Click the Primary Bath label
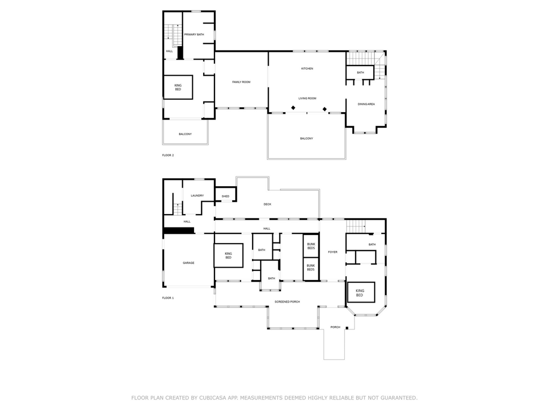coord(194,35)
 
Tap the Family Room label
coord(241,82)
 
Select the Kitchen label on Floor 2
coord(307,69)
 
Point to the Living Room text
coord(307,99)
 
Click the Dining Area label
coord(366,104)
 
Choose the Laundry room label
coord(197,195)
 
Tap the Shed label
coord(226,196)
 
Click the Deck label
coord(268,204)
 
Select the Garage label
coord(188,263)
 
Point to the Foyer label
coord(332,252)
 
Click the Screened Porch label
coord(287,301)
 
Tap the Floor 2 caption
coord(168,155)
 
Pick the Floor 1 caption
coord(168,298)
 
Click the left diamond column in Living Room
coord(293,108)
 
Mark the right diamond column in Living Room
coord(324,109)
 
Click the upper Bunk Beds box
coord(311,246)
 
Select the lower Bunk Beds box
coord(311,269)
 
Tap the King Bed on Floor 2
coord(178,87)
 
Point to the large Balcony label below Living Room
coord(306,139)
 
